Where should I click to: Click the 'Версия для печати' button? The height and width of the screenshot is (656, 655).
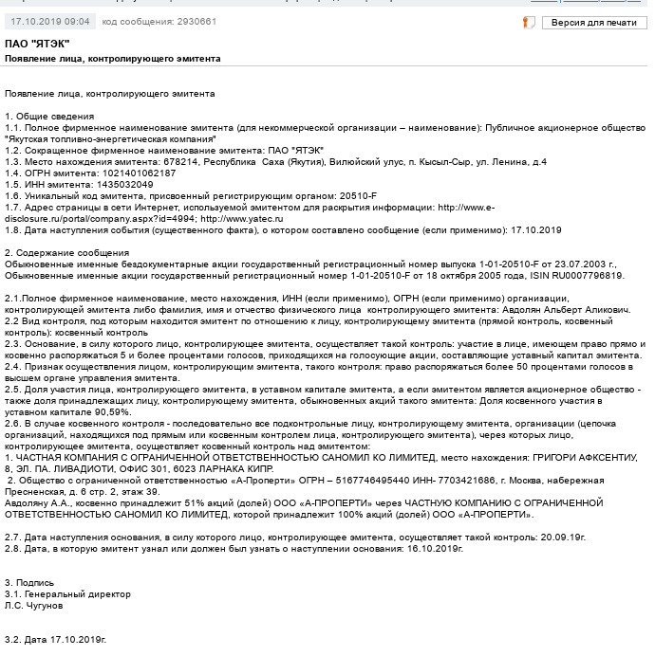[x=593, y=22]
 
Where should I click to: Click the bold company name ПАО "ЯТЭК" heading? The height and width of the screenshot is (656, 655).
[x=37, y=45]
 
